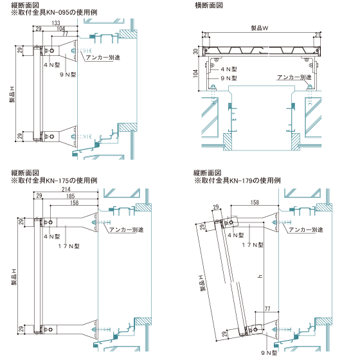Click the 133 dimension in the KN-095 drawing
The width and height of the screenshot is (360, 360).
click(x=56, y=22)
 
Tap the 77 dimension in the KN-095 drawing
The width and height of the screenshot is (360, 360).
click(x=65, y=33)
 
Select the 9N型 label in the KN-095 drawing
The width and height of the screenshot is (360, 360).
click(x=68, y=75)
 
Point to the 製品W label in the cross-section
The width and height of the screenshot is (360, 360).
click(x=260, y=28)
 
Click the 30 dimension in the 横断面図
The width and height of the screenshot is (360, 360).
click(x=195, y=51)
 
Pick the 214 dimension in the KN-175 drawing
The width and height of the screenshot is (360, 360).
click(x=66, y=189)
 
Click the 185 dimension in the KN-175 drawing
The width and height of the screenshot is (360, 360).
click(x=70, y=196)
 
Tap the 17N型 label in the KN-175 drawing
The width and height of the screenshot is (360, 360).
click(x=69, y=246)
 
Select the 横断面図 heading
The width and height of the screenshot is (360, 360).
click(x=209, y=5)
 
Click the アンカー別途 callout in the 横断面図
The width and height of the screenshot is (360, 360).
click(x=294, y=77)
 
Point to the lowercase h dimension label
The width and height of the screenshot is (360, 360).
click(x=260, y=276)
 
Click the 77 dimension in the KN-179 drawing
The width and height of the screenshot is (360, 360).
click(x=267, y=309)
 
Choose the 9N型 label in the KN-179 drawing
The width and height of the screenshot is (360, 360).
click(x=269, y=353)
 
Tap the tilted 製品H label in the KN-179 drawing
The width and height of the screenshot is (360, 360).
click(x=202, y=283)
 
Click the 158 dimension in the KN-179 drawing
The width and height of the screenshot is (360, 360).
click(x=255, y=203)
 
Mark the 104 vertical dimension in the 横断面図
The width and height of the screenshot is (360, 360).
click(x=195, y=73)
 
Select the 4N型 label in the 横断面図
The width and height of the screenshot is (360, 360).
click(x=229, y=69)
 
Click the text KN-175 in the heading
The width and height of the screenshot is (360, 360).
click(x=55, y=181)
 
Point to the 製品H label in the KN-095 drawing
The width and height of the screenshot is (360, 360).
click(x=12, y=94)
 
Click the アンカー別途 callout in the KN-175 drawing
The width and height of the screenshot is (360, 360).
click(x=126, y=230)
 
